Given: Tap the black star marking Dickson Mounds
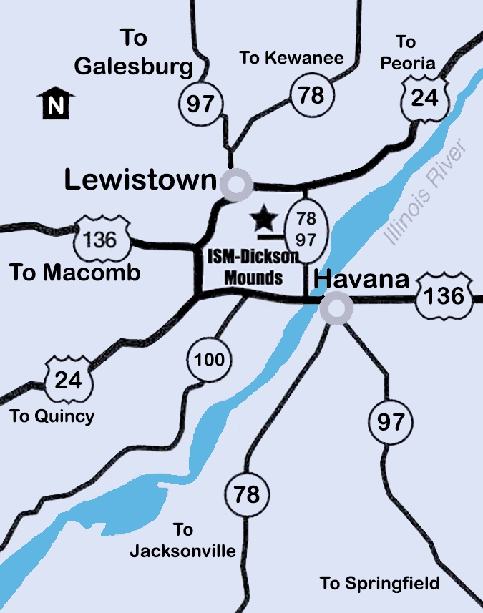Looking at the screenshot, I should coord(265,217).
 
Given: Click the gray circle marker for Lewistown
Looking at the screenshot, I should coord(235,184).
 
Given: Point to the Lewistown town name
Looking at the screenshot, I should coord(140,180).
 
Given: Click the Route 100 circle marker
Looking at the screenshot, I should coord(209,360).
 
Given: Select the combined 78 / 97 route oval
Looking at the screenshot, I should coord(306,228).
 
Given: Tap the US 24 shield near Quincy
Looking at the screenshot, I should coord(69,378).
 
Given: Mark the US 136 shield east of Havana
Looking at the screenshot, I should coord(445,293).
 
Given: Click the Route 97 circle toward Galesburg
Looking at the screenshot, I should coord(200,103).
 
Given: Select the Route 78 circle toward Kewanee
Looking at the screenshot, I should coord(311,94).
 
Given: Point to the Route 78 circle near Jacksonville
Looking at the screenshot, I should coord(247,494).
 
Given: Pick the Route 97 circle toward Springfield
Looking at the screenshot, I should coord(391,421).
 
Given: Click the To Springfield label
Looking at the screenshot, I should coord(379,584).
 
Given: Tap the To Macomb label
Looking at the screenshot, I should coord(74,273).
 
